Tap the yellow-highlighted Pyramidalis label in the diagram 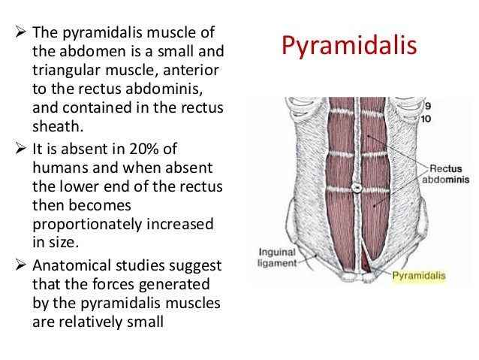[420, 276]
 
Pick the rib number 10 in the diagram [426, 118]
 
